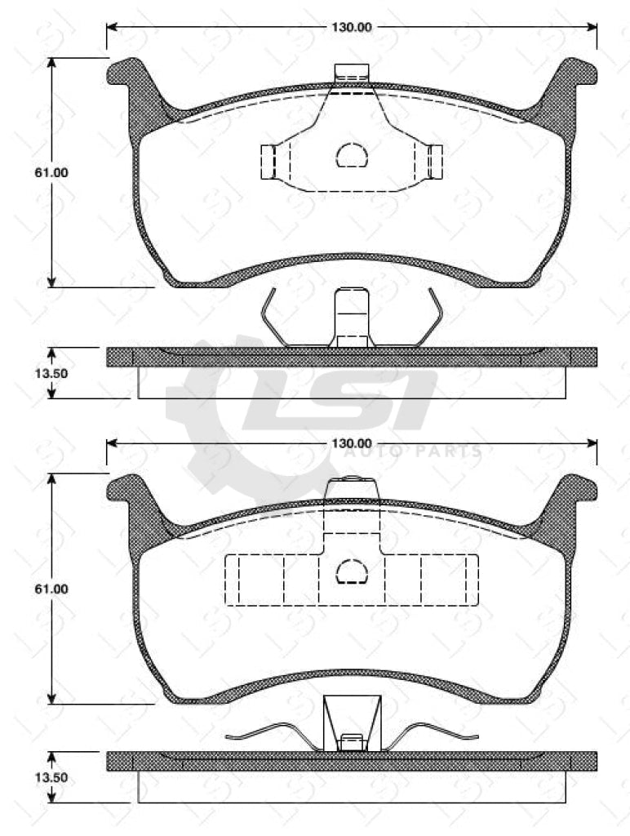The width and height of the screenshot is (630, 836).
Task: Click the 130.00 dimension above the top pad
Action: click(x=351, y=27)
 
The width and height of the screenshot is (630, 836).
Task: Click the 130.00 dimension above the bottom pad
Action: click(x=351, y=443)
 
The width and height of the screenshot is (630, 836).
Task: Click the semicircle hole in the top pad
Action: click(x=352, y=155)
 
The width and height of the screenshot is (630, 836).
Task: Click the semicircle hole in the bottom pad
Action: click(x=352, y=572)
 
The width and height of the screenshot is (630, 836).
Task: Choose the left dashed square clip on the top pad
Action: click(x=268, y=161)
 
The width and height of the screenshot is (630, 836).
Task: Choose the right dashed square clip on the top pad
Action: click(x=435, y=161)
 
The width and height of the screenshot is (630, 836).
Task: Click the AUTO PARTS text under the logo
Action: click(x=412, y=451)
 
